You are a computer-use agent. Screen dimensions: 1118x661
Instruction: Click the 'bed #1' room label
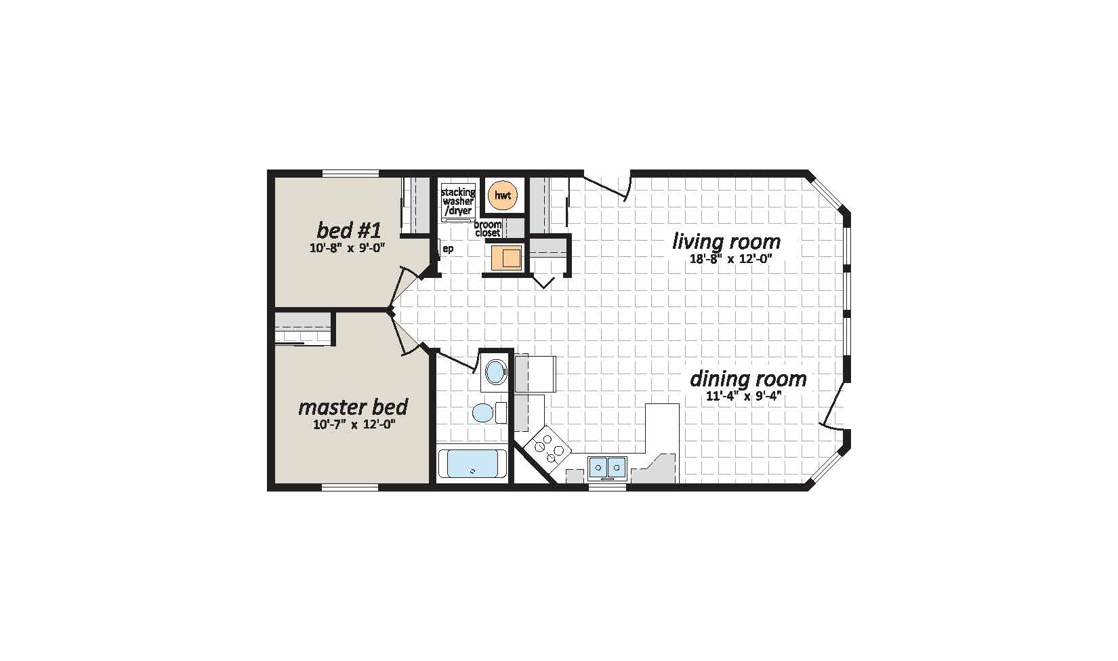tap(349, 230)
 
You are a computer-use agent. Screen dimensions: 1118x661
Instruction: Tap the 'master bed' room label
tap(353, 407)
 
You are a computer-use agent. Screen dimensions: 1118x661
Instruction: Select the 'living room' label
tap(726, 241)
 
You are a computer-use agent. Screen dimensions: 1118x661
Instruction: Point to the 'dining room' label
tap(748, 379)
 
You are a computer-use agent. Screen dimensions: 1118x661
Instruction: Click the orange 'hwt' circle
tap(503, 195)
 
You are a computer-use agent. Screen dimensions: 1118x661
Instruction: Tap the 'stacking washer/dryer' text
tap(458, 201)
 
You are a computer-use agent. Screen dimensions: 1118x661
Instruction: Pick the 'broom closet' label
tap(488, 228)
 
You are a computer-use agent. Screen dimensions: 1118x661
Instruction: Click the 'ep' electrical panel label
tap(448, 248)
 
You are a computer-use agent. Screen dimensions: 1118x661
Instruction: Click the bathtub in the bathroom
tap(472, 465)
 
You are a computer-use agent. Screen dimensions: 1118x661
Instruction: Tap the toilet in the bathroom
tap(489, 413)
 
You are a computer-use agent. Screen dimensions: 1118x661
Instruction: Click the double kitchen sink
tap(607, 468)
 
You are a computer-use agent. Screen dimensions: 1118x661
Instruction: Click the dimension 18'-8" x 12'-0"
tap(726, 258)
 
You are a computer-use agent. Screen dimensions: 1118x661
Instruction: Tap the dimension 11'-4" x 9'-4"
tap(743, 397)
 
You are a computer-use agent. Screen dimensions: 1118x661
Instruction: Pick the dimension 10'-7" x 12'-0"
tap(354, 425)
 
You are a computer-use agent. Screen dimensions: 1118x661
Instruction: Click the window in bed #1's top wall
tap(350, 174)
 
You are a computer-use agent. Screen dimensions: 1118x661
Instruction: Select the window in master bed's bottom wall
tap(350, 487)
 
